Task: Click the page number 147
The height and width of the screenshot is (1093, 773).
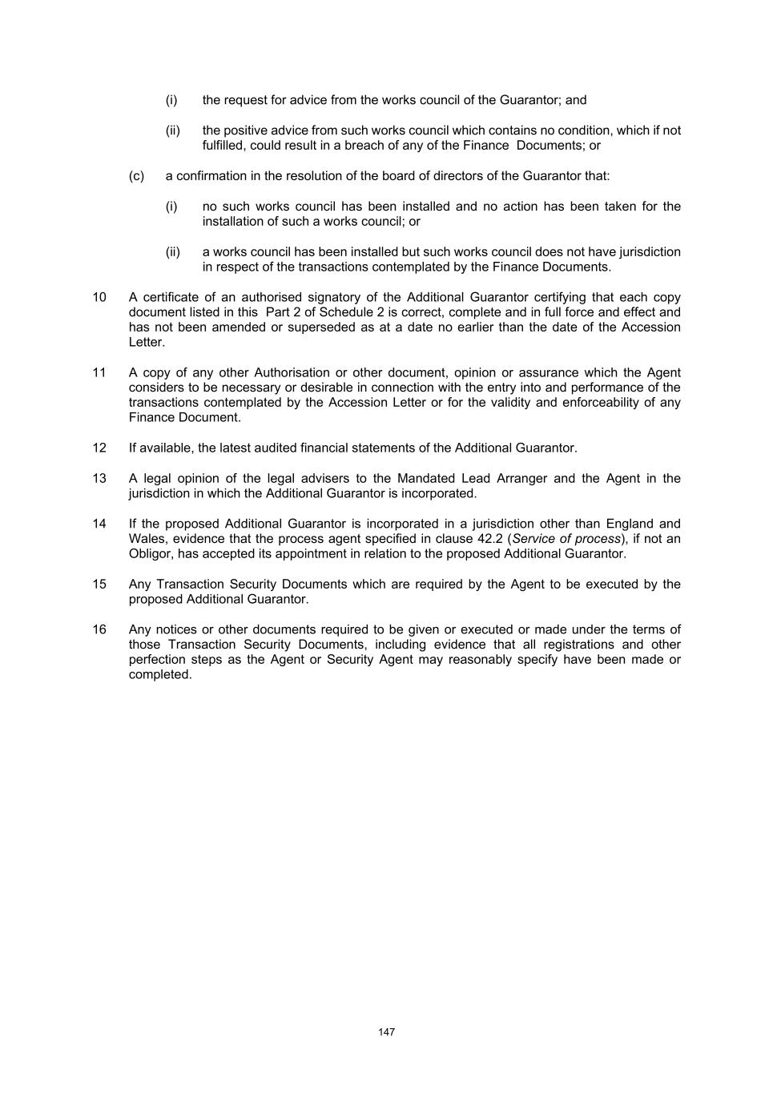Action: pyautogui.click(x=386, y=1032)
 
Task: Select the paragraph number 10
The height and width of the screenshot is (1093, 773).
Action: pyautogui.click(x=99, y=297)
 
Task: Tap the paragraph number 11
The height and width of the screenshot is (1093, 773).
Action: pyautogui.click(x=99, y=372)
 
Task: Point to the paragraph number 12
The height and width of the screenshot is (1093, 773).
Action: pyautogui.click(x=99, y=448)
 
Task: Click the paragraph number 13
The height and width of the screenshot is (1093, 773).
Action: pyautogui.click(x=99, y=478)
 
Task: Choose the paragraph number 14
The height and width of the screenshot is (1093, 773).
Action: pyautogui.click(x=99, y=524)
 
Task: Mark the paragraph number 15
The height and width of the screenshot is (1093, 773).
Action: pyautogui.click(x=99, y=584)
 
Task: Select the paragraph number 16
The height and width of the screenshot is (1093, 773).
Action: pyautogui.click(x=99, y=629)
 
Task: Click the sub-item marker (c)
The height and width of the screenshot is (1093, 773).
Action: pyautogui.click(x=136, y=175)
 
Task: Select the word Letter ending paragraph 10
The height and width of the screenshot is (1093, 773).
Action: pyautogui.click(x=146, y=342)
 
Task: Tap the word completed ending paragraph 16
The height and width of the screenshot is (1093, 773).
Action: pyautogui.click(x=160, y=674)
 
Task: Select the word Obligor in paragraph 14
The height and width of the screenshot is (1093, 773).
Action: pyautogui.click(x=151, y=553)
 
